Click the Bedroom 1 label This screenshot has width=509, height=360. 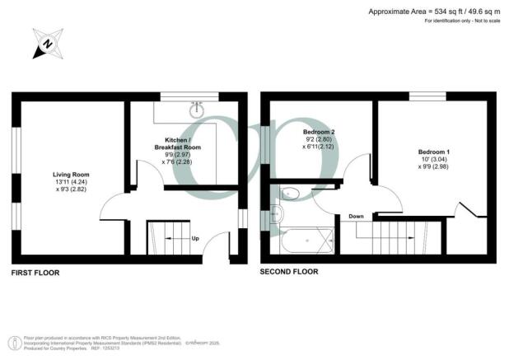point(434,152)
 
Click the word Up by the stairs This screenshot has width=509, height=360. point(195,240)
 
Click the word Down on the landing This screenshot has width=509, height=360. point(356,217)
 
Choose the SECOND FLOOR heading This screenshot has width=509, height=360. point(289,272)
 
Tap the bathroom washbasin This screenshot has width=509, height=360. point(274,215)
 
